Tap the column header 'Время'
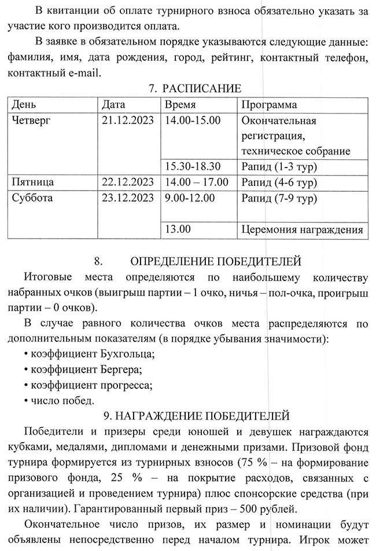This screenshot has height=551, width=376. tap(180, 105)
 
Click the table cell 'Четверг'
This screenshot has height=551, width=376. tap(32, 121)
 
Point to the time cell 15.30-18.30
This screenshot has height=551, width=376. tap(193, 166)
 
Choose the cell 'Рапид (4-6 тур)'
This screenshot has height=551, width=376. tap(278, 182)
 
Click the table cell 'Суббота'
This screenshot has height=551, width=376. tap(32, 198)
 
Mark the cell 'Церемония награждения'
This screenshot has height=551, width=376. tap(302, 229)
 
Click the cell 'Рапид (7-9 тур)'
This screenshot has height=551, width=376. tap(278, 198)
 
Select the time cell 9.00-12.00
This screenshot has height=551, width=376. tap(190, 198)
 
